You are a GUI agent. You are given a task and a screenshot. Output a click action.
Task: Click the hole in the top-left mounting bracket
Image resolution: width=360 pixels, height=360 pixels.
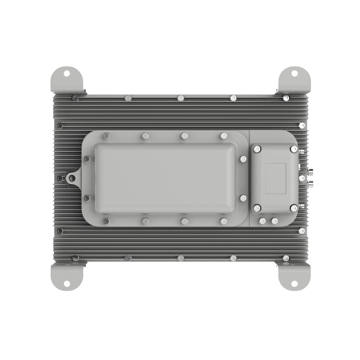pyautogui.click(x=67, y=73)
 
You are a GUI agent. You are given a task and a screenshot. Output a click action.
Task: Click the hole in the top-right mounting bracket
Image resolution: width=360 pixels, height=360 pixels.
pyautogui.click(x=294, y=73)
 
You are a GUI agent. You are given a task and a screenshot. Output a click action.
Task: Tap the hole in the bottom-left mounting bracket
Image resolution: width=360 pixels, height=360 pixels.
pyautogui.click(x=67, y=284)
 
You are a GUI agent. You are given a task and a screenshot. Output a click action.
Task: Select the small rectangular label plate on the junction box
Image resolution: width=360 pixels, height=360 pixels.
pyautogui.click(x=276, y=178)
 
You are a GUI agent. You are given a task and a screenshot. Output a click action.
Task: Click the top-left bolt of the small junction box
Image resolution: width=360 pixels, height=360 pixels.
pyautogui.click(x=257, y=149)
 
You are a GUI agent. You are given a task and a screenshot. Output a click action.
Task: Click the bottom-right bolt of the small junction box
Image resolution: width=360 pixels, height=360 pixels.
pyautogui.click(x=294, y=208)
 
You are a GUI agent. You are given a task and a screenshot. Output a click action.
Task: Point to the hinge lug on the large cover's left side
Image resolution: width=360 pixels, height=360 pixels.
pyautogui.click(x=72, y=178)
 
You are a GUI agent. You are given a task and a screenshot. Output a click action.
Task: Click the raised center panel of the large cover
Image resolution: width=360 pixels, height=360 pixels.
pyautogui.click(x=165, y=178)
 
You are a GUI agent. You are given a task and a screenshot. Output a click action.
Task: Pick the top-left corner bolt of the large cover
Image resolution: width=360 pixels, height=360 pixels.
pyautogui.click(x=106, y=136)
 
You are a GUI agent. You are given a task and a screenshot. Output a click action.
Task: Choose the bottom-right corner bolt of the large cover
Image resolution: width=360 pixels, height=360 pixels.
pyautogui.click(x=223, y=221)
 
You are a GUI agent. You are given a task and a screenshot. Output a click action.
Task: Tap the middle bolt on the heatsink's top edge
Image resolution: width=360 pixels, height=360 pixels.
pyautogui.click(x=181, y=98)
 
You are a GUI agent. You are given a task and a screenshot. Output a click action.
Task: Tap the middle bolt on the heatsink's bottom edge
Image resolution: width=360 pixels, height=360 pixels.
pyautogui.click(x=181, y=258)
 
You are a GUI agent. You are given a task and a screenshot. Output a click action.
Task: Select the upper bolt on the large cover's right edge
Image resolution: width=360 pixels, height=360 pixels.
pyautogui.click(x=243, y=159)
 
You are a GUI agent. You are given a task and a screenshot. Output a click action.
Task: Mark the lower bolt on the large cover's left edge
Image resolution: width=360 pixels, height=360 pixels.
pyautogui.click(x=87, y=198)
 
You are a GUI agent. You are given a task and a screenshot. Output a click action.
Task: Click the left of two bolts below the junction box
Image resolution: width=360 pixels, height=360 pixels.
pyautogui.click(x=262, y=221)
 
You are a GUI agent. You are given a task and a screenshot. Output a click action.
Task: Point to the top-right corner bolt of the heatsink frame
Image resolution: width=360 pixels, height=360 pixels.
pyautogui.click(x=286, y=98)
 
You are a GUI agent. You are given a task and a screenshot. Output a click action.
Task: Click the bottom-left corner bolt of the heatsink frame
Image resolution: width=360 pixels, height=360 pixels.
pyautogui.click(x=75, y=258)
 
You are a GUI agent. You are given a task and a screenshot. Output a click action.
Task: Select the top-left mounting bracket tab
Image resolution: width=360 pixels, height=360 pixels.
pyautogui.click(x=66, y=79)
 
